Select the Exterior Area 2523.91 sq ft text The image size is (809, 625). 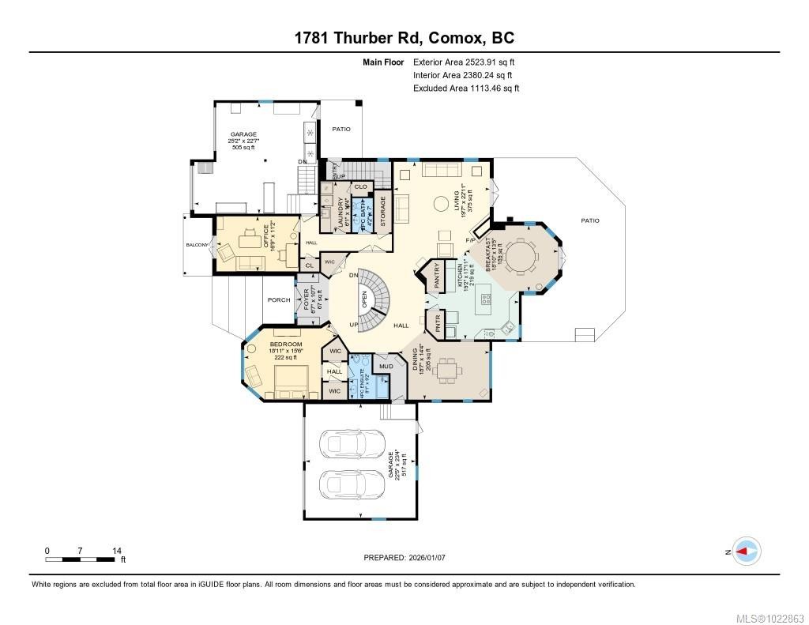click(x=465, y=62)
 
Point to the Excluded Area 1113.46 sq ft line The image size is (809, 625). click(x=466, y=88)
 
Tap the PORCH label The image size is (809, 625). click(x=278, y=300)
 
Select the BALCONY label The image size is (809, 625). click(x=197, y=245)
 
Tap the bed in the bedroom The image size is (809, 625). click(x=288, y=382)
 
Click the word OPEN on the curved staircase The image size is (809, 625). click(x=364, y=299)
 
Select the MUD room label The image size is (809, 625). click(x=386, y=366)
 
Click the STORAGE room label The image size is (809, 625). click(x=383, y=211)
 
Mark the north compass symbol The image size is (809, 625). click(x=746, y=552)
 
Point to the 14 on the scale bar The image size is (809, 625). click(x=116, y=551)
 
